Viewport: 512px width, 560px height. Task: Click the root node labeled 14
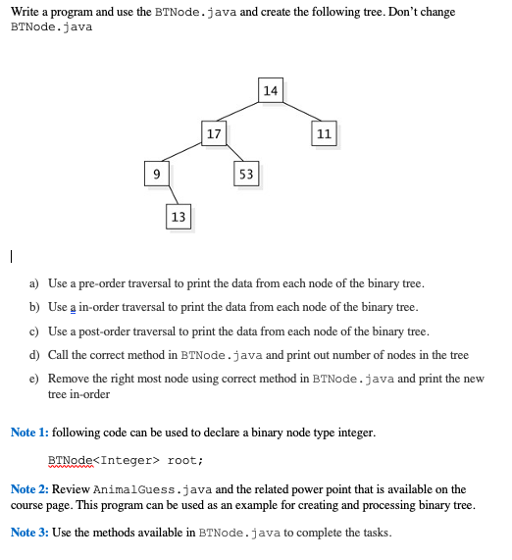[x=272, y=90]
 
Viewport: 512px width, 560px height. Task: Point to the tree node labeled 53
[x=246, y=174]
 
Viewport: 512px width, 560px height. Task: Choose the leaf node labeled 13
[x=178, y=216]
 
